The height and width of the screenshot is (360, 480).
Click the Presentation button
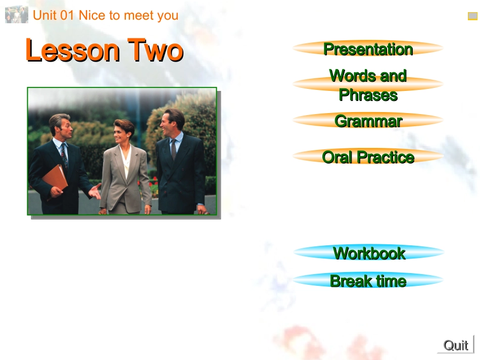pyautogui.click(x=368, y=48)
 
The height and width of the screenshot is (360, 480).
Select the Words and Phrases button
pyautogui.click(x=368, y=85)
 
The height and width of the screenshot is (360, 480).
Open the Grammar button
pyautogui.click(x=368, y=121)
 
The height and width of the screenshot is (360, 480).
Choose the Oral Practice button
pyautogui.click(x=368, y=157)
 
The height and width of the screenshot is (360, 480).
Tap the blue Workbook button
pyautogui.click(x=368, y=252)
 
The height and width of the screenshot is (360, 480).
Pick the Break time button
pyautogui.click(x=368, y=280)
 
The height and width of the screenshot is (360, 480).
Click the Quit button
pyautogui.click(x=456, y=345)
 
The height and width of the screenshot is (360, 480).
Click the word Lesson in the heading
pyautogui.click(x=72, y=50)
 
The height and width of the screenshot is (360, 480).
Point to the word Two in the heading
pyautogui.click(x=155, y=50)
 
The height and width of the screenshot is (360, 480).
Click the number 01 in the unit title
pyautogui.click(x=67, y=15)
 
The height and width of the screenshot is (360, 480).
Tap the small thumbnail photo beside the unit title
pyautogui.click(x=17, y=15)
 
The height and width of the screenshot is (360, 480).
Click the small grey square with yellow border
pyautogui.click(x=472, y=16)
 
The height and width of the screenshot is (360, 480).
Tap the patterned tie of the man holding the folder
pyautogui.click(x=64, y=155)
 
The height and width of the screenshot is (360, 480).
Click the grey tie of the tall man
pyautogui.click(x=174, y=149)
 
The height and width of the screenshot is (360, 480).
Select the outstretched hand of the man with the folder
pyautogui.click(x=95, y=191)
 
